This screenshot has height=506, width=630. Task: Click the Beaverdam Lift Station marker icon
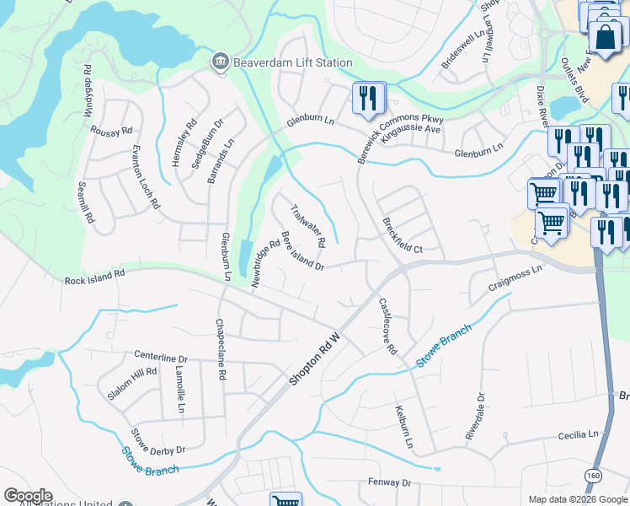click(x=221, y=62)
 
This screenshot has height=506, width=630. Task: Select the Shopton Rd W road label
click(x=315, y=359)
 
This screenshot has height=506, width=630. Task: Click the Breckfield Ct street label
click(x=402, y=237)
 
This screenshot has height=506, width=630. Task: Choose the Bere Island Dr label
click(x=302, y=251)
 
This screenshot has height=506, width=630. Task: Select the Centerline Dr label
click(x=160, y=357)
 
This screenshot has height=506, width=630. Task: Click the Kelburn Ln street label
click(x=404, y=426)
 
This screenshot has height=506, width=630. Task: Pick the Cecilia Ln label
click(x=578, y=435)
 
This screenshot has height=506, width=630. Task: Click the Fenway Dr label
click(x=388, y=483)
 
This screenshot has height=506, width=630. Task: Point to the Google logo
click(x=28, y=496)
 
